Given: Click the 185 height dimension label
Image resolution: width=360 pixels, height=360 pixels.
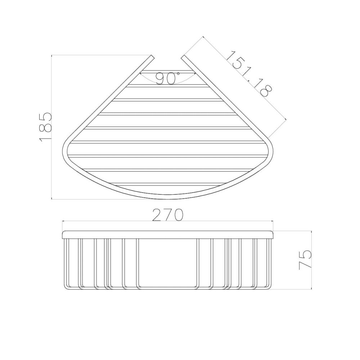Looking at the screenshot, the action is click(45, 127).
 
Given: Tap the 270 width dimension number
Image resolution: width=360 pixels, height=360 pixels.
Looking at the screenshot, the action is click(168, 215).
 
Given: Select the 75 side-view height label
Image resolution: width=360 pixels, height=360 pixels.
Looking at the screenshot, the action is click(305, 260).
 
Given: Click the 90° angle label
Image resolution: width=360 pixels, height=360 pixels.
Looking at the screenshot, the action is click(168, 78).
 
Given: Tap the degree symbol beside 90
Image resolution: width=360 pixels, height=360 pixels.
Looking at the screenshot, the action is click(178, 73).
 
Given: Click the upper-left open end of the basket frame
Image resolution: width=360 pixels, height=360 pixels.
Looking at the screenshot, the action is click(152, 57).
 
